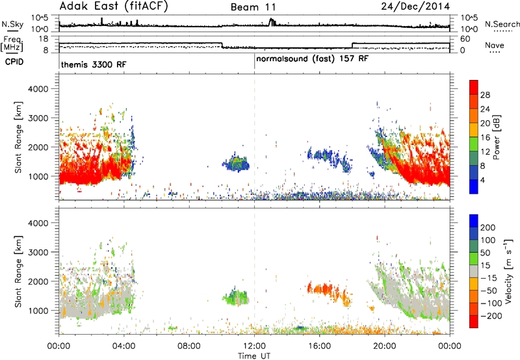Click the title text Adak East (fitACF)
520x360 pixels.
114,6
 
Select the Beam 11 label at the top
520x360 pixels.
253,7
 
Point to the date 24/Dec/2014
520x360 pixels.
415,6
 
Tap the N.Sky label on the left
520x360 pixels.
12,24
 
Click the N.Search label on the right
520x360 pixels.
502,24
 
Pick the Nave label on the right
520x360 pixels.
495,45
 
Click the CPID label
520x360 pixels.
14,62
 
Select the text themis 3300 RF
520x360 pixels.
94,64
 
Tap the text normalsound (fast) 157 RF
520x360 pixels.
312,59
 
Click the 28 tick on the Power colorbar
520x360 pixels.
485,95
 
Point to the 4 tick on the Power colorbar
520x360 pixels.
482,181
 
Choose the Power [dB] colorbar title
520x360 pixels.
496,137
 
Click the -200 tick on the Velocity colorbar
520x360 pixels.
491,316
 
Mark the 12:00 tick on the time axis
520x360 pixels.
254,346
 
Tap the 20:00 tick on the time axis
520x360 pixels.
385,346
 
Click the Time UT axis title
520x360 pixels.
254,356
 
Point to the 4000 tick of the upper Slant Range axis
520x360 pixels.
38,89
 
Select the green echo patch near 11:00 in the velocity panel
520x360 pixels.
236,296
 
